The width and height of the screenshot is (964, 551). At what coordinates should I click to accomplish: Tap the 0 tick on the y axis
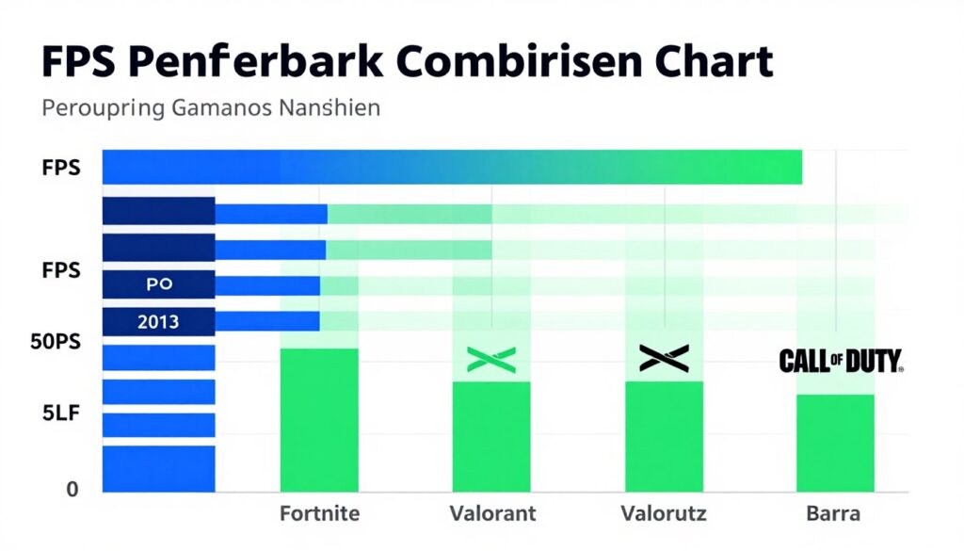click(72, 489)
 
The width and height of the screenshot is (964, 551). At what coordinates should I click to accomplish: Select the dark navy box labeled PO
click(159, 283)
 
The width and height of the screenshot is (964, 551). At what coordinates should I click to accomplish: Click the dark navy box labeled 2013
click(158, 321)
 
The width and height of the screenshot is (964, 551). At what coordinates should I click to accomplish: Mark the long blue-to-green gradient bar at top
click(451, 167)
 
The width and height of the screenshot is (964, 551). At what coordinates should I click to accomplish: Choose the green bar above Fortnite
click(319, 419)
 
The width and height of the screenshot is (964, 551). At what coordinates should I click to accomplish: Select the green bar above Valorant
click(491, 436)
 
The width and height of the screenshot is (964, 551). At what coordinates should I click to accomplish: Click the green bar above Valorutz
click(665, 436)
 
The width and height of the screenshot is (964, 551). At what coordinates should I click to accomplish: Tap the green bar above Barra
click(835, 443)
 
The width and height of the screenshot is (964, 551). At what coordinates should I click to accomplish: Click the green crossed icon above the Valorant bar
click(491, 358)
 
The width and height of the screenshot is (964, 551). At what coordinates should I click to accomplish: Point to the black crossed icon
click(664, 357)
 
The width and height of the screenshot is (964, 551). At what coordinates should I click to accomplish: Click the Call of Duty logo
click(840, 360)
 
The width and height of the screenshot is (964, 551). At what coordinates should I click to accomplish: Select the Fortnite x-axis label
click(319, 514)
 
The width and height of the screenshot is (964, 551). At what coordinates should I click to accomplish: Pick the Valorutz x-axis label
click(664, 514)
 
